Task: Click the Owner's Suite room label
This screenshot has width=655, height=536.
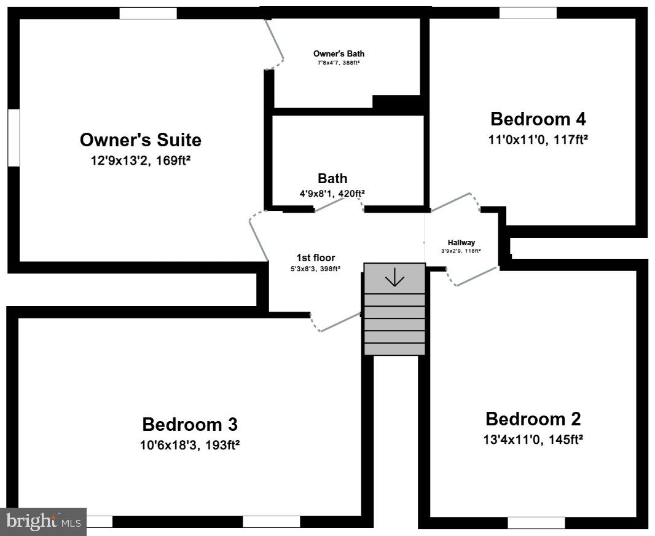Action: [x=140, y=140]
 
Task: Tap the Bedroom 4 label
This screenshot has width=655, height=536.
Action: [x=538, y=119]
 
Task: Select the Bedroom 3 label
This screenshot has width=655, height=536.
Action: [x=190, y=424]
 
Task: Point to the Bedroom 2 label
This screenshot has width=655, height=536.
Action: [x=533, y=419]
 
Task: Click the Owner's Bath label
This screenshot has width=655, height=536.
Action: [x=339, y=53]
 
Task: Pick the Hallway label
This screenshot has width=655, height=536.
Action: [x=461, y=243]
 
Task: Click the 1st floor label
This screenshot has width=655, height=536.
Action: [x=315, y=258]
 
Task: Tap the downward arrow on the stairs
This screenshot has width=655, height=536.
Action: [x=394, y=278]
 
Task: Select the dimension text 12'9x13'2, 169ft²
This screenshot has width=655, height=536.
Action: [x=140, y=160]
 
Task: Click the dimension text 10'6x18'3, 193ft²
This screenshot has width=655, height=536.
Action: [x=190, y=444]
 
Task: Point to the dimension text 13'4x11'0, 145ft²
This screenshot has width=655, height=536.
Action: [x=533, y=439]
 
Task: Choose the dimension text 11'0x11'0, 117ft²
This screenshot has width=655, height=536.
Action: [x=538, y=140]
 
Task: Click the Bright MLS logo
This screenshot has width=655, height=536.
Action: [x=43, y=521]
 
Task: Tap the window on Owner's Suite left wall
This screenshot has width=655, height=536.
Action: [x=14, y=137]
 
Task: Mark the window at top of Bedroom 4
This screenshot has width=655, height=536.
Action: [x=528, y=13]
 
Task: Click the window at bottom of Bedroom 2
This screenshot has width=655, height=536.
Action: [x=536, y=522]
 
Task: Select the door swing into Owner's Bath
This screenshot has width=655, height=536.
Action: [x=275, y=43]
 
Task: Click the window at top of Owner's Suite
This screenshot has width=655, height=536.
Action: [x=148, y=13]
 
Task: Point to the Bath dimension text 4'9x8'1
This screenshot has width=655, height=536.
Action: [x=332, y=193]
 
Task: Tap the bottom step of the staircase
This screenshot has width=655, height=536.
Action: [x=394, y=349]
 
